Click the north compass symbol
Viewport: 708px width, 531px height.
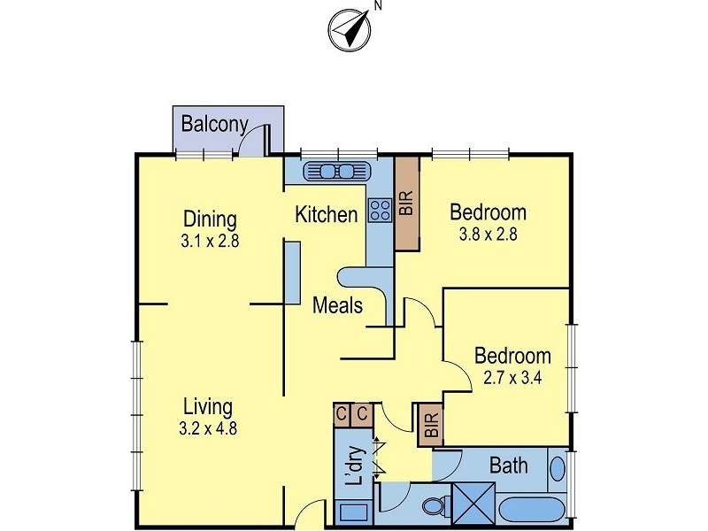(349, 30)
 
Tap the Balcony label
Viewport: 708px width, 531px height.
(214, 124)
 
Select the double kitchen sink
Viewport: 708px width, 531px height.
(337, 172)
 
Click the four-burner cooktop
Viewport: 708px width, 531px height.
(380, 211)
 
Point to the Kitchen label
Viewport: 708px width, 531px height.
(326, 214)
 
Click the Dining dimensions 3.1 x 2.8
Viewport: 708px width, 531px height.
(210, 241)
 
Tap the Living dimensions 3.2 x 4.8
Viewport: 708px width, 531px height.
(208, 428)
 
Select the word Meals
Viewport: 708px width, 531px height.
(337, 305)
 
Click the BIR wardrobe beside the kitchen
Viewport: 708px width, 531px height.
(407, 204)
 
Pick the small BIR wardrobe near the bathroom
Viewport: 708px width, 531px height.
(431, 425)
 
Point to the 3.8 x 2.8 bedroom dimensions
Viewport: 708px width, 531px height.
(489, 235)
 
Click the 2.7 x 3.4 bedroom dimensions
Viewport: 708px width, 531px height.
(512, 378)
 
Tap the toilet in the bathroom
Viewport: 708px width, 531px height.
(435, 505)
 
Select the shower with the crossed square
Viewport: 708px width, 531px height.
(473, 504)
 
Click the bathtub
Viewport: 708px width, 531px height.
(532, 511)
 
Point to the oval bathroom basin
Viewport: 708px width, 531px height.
(558, 469)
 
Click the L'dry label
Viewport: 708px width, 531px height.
(356, 466)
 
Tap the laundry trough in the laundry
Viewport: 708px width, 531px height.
(353, 513)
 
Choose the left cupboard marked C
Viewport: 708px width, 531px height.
(342, 414)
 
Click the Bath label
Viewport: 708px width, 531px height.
(508, 466)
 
